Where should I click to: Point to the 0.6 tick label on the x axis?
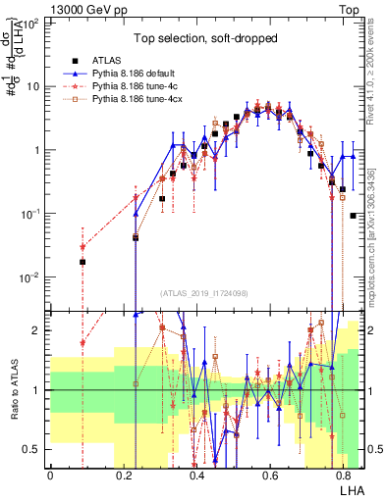269,475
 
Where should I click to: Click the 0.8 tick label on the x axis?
343,475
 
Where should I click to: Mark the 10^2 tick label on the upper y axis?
29,22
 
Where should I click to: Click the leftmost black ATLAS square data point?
83,262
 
